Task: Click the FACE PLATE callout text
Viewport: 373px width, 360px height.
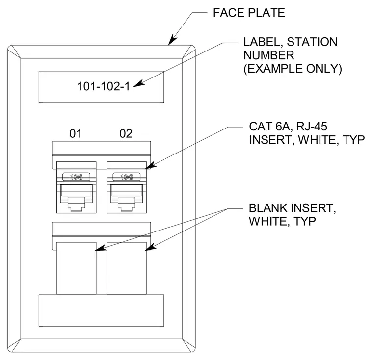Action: point(249,13)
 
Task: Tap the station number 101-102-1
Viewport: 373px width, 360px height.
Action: point(104,86)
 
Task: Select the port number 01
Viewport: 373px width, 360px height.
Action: point(76,133)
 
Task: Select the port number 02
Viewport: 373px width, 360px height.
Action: point(126,133)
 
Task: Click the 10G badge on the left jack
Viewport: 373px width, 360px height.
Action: point(77,177)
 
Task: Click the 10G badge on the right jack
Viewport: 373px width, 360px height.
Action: point(127,177)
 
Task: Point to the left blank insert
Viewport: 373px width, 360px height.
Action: point(77,268)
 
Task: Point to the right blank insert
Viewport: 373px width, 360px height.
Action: point(127,268)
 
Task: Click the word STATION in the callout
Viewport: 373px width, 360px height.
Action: point(312,42)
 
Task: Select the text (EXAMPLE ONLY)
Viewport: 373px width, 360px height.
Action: point(293,69)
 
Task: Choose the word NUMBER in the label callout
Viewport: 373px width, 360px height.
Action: point(269,55)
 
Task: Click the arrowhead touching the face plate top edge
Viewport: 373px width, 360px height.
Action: point(172,40)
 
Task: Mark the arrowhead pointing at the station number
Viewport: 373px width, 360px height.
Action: point(139,83)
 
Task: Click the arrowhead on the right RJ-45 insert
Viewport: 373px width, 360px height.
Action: point(151,165)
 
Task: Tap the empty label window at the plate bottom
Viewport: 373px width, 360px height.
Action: point(101,310)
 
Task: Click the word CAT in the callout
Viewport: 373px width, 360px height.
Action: point(261,127)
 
